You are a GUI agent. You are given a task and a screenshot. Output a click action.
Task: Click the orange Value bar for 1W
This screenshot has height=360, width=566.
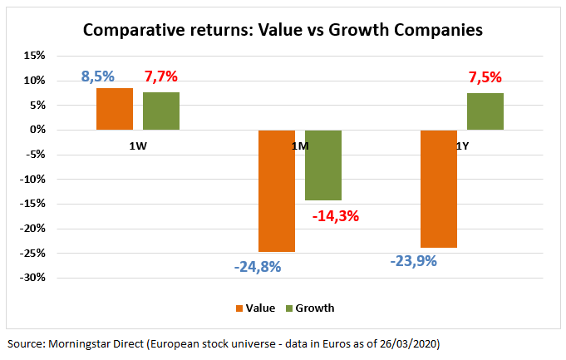point(115,109)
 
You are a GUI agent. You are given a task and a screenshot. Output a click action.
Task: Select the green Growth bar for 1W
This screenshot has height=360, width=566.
point(161,111)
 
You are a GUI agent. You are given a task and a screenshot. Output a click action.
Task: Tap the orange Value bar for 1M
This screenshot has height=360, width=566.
point(277,190)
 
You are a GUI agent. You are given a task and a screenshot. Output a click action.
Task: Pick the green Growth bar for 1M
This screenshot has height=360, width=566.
point(323,165)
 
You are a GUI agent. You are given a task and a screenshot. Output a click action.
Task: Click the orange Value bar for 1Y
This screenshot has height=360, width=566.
point(439,189)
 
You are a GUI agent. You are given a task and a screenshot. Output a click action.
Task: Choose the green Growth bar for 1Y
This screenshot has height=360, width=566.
point(485,111)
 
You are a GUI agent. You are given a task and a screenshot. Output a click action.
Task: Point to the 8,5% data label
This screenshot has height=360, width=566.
point(98,77)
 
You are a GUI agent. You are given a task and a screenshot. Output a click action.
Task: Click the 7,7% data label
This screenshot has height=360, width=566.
point(161,77)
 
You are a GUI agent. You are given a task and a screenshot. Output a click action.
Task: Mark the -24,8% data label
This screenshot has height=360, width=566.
point(258,267)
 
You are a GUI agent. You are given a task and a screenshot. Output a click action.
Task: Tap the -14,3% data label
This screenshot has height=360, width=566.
point(337,216)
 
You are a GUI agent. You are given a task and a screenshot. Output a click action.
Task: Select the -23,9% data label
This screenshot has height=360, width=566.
point(413,260)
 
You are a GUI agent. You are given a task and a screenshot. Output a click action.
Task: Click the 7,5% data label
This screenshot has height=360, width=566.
point(485,77)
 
